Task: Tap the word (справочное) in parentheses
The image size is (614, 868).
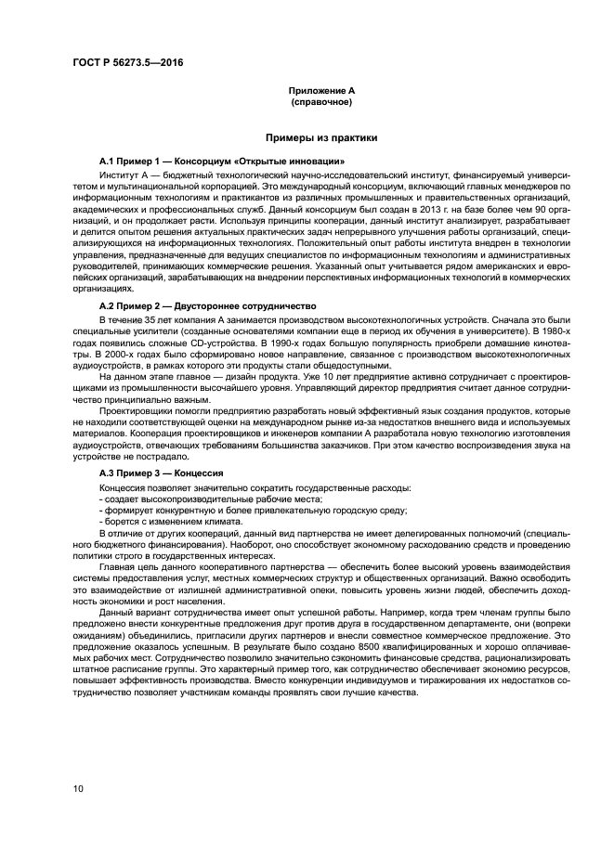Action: click(x=321, y=102)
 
